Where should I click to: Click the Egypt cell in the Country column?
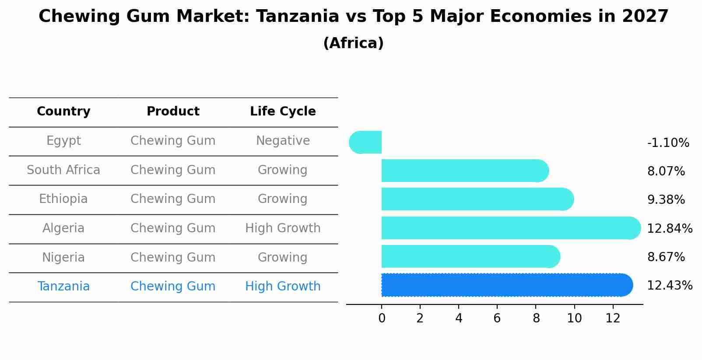[63, 141]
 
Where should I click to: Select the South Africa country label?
[63, 170]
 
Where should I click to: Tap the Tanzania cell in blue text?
[63, 287]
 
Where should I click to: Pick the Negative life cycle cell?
[283, 141]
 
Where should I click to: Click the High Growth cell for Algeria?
[283, 228]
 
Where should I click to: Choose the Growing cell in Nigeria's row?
[283, 257]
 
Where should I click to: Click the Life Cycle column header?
[283, 112]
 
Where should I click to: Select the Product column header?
[173, 112]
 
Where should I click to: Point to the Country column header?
[63, 112]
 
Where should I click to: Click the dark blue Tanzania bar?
[503, 285]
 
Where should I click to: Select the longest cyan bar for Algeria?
[508, 228]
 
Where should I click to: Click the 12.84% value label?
[669, 229]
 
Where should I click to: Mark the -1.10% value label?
[668, 143]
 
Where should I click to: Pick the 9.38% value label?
[666, 200]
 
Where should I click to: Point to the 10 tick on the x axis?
[574, 318]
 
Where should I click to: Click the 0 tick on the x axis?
[382, 318]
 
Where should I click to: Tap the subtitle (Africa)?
[353, 43]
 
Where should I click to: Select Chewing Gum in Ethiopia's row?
[173, 199]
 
